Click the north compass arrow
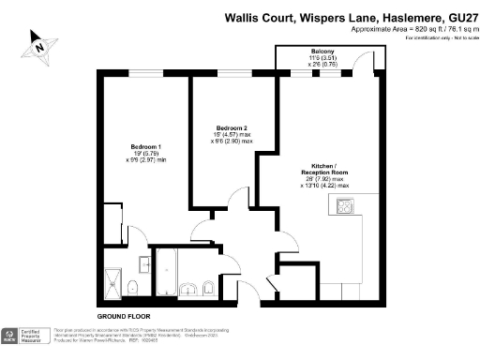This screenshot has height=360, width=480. [x=39, y=43]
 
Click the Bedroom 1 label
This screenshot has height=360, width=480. [x=146, y=146]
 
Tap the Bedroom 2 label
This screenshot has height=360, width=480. [x=231, y=127]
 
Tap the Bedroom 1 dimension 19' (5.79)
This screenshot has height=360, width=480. [x=146, y=154]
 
